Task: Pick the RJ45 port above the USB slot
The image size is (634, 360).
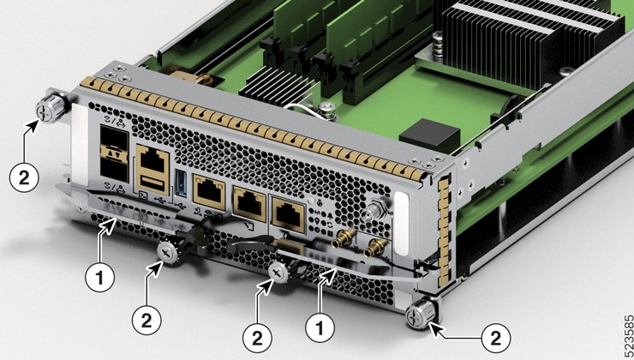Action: tap(153, 159)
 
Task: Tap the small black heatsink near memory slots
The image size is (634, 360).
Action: tap(272, 84)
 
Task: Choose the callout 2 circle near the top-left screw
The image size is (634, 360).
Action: tap(24, 177)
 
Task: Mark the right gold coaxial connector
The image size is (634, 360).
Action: tap(374, 248)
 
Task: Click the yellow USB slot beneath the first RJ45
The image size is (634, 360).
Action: tap(153, 182)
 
